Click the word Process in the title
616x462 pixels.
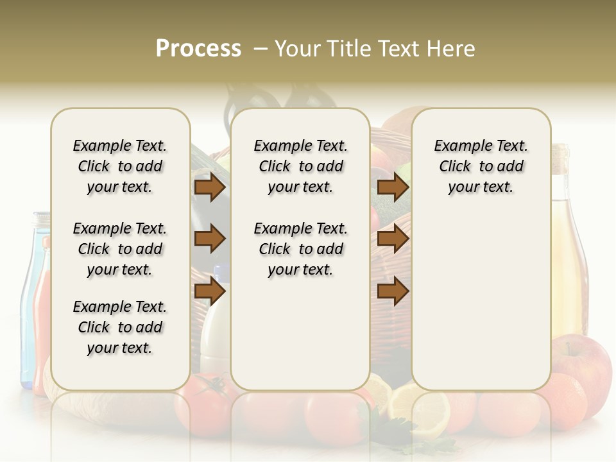(198, 49)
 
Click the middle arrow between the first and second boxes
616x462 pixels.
(210, 239)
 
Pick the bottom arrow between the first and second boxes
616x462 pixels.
(210, 291)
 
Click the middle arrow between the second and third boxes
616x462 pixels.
(393, 239)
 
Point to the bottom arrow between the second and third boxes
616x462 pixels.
(393, 291)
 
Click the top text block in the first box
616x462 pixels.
(120, 166)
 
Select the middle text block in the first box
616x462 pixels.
(120, 249)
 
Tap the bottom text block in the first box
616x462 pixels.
(120, 327)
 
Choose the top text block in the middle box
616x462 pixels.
(300, 166)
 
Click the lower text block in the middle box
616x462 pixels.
(300, 249)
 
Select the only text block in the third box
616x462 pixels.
(481, 166)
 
